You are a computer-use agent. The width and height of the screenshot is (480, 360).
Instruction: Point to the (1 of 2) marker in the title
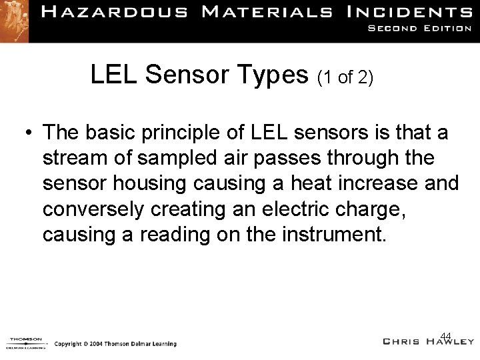345,78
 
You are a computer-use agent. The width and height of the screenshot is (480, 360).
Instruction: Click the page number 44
447,335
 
